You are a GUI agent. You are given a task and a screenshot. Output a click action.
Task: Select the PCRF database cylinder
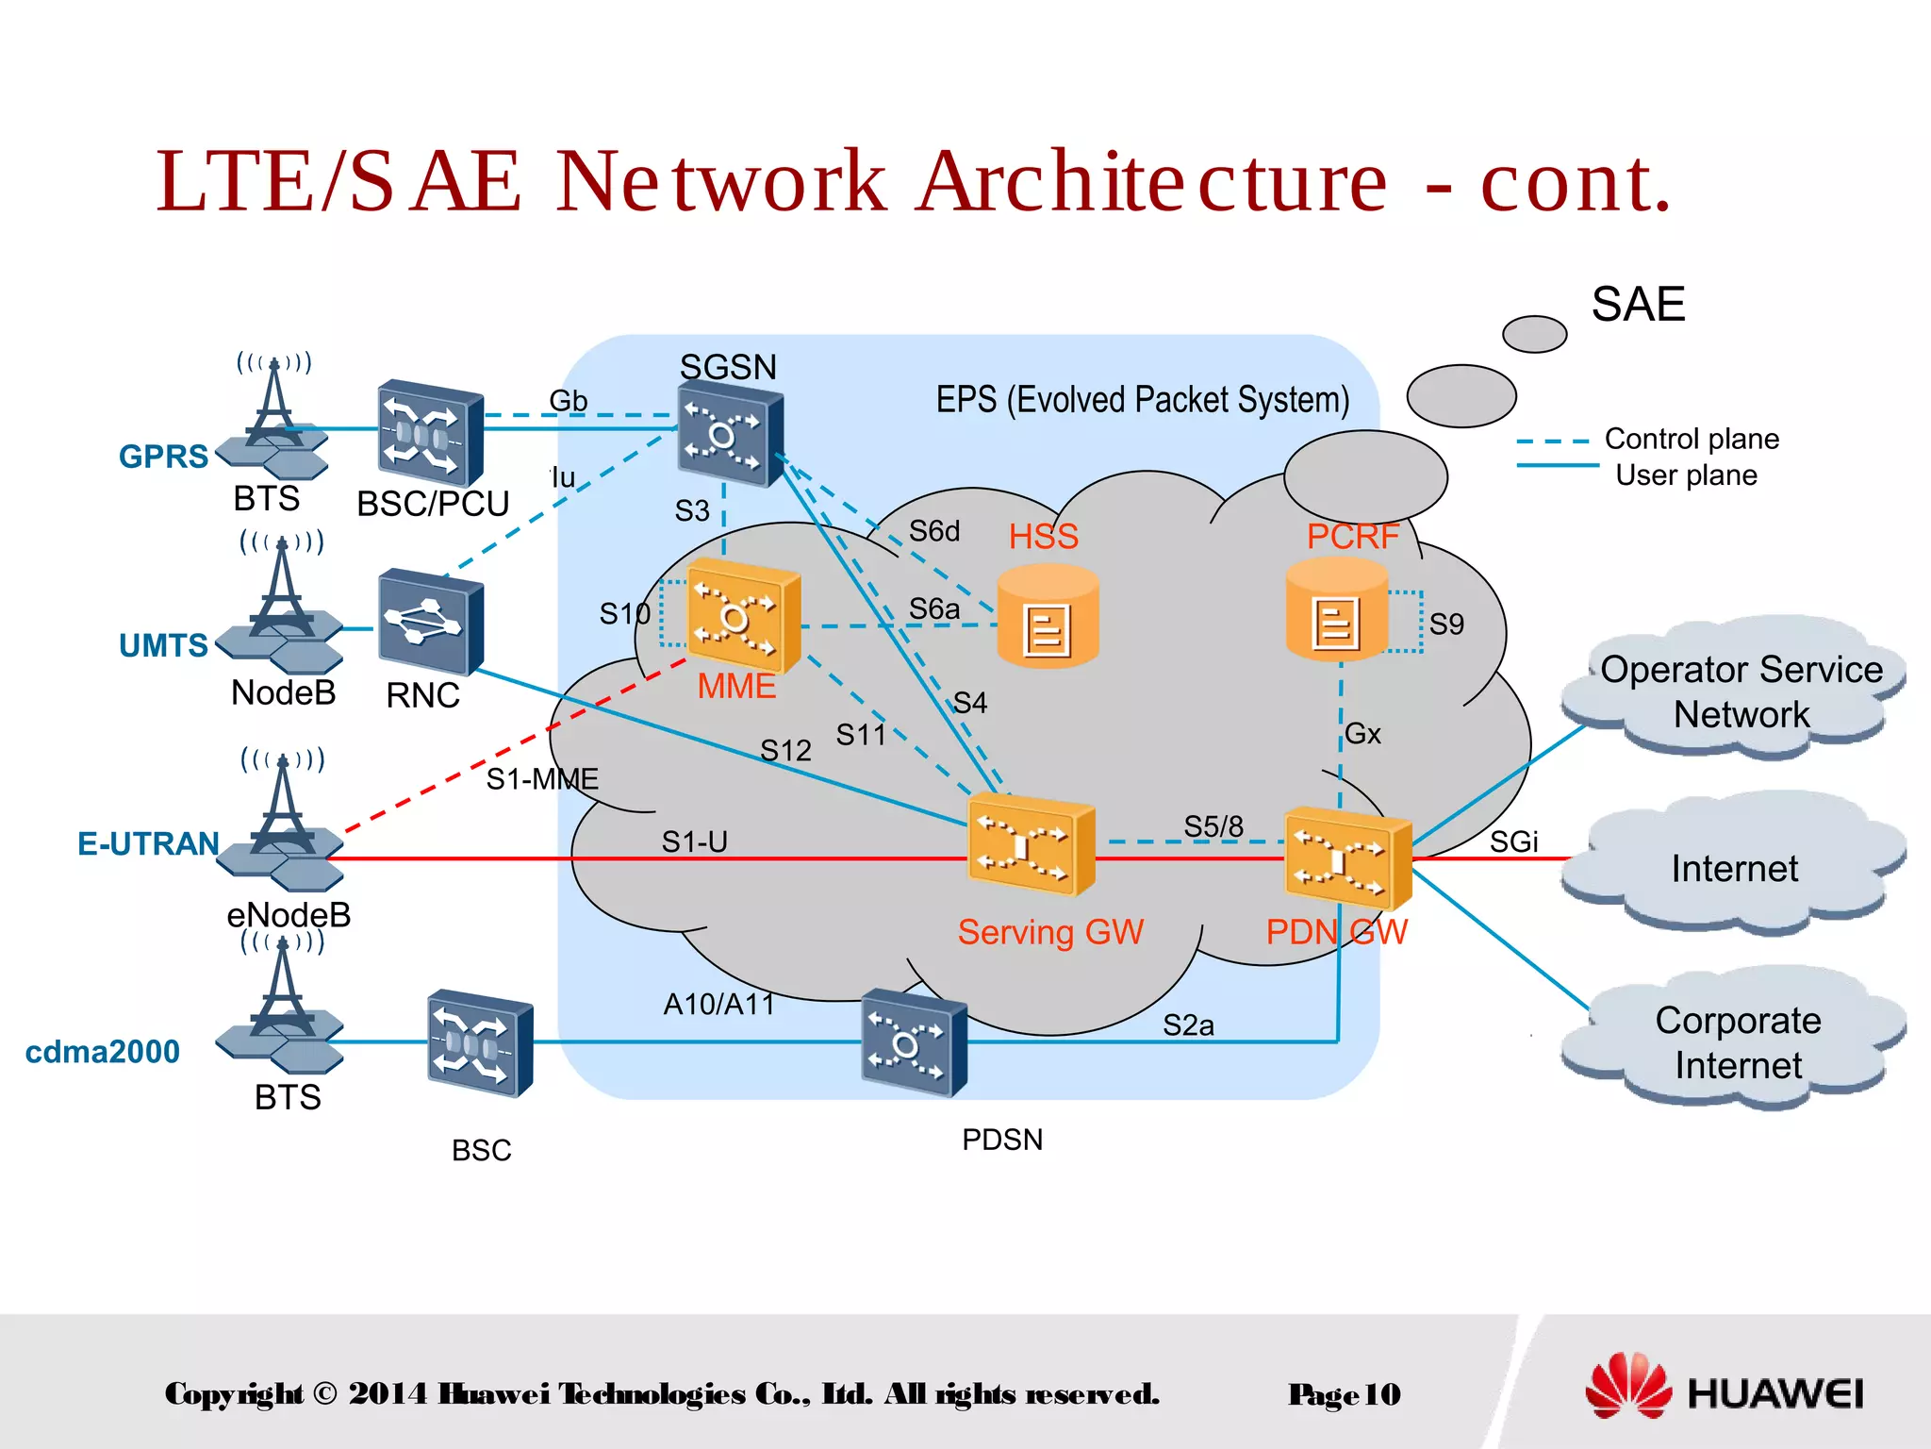point(1336,608)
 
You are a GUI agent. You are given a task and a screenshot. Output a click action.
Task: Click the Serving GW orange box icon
point(1031,844)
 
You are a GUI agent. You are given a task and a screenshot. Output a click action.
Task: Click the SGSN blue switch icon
point(730,433)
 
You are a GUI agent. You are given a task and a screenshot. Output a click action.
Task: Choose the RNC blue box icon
point(430,622)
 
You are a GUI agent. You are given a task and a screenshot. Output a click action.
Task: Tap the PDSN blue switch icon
point(913,1041)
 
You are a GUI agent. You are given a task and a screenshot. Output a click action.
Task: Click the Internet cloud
point(1733,867)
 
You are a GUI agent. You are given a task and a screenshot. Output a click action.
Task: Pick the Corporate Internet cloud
point(1737,1041)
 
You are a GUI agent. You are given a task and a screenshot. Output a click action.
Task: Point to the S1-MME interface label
point(541,779)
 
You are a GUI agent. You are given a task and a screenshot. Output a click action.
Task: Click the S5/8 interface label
point(1213,826)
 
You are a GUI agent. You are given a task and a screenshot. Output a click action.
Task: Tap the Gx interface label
point(1362,734)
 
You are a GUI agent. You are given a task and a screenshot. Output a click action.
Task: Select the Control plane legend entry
point(1691,439)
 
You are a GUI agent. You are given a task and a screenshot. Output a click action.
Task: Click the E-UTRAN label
point(148,843)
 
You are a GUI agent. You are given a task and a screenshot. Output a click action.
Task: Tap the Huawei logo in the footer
point(1724,1391)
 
